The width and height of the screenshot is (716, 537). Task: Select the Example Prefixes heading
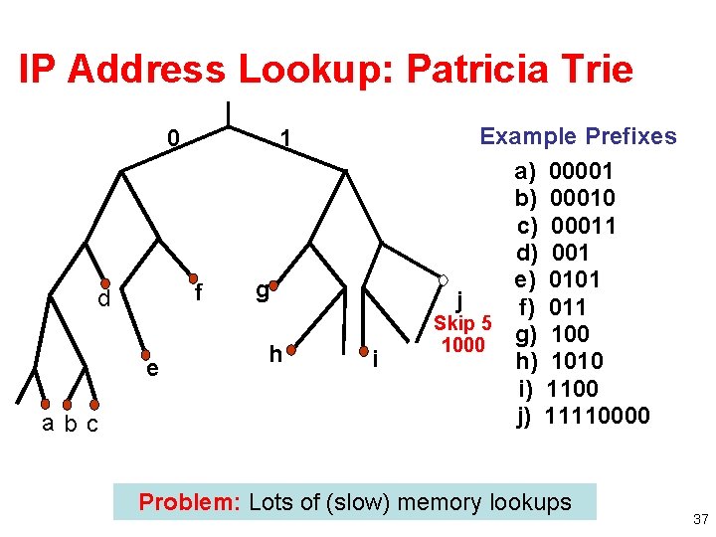[578, 136]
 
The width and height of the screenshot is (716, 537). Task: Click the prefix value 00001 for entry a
[582, 171]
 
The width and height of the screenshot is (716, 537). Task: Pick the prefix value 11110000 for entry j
[599, 415]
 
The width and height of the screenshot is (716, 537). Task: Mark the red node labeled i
[363, 350]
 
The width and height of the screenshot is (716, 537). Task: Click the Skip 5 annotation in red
[463, 323]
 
